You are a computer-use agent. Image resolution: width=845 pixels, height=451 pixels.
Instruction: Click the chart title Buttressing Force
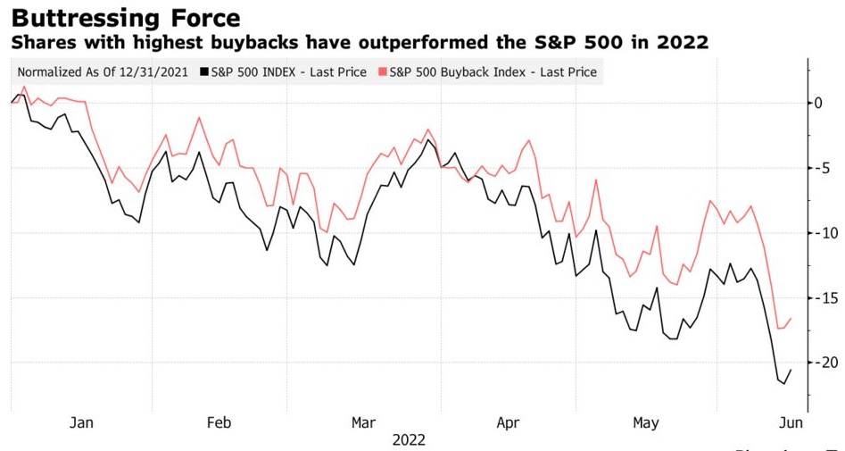pyautogui.click(x=124, y=18)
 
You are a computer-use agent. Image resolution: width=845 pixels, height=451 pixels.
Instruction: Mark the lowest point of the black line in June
pyautogui.click(x=783, y=384)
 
